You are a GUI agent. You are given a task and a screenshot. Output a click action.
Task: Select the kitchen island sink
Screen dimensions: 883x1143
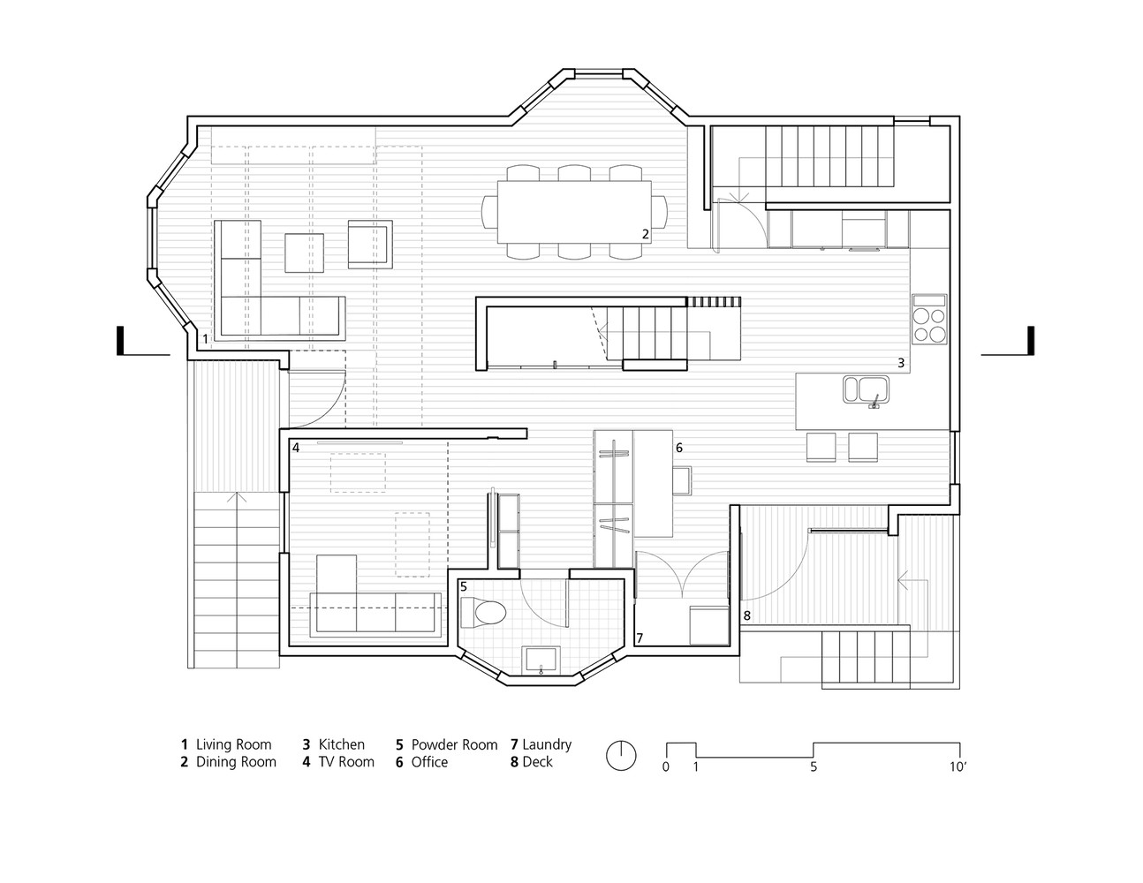(x=867, y=389)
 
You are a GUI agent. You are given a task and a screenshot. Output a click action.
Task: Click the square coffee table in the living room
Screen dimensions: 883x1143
(x=304, y=253)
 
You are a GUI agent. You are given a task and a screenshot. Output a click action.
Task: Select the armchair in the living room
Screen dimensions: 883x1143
(x=369, y=244)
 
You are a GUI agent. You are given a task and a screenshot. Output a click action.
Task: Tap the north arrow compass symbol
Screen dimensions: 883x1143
(x=621, y=754)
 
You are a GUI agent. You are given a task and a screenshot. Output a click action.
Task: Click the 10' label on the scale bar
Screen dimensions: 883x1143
(x=958, y=766)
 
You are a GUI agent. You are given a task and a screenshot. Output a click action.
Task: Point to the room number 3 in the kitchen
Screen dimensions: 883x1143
(x=901, y=363)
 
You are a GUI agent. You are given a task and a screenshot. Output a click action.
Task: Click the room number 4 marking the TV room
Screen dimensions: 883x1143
(x=296, y=448)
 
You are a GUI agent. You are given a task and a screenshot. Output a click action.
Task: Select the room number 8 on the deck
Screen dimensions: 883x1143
(x=746, y=615)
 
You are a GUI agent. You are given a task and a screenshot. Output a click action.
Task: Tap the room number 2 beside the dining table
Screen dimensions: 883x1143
(x=646, y=234)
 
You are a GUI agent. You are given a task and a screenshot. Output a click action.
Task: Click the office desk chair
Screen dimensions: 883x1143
(x=681, y=480)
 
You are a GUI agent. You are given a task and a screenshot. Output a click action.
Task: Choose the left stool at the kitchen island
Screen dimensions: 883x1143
(x=821, y=447)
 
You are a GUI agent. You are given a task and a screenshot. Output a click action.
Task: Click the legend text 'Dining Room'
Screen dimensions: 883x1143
(x=236, y=762)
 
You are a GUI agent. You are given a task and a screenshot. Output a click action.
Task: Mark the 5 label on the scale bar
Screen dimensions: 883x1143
(x=814, y=766)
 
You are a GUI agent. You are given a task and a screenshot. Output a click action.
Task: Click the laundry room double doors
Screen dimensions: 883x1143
(x=680, y=575)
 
